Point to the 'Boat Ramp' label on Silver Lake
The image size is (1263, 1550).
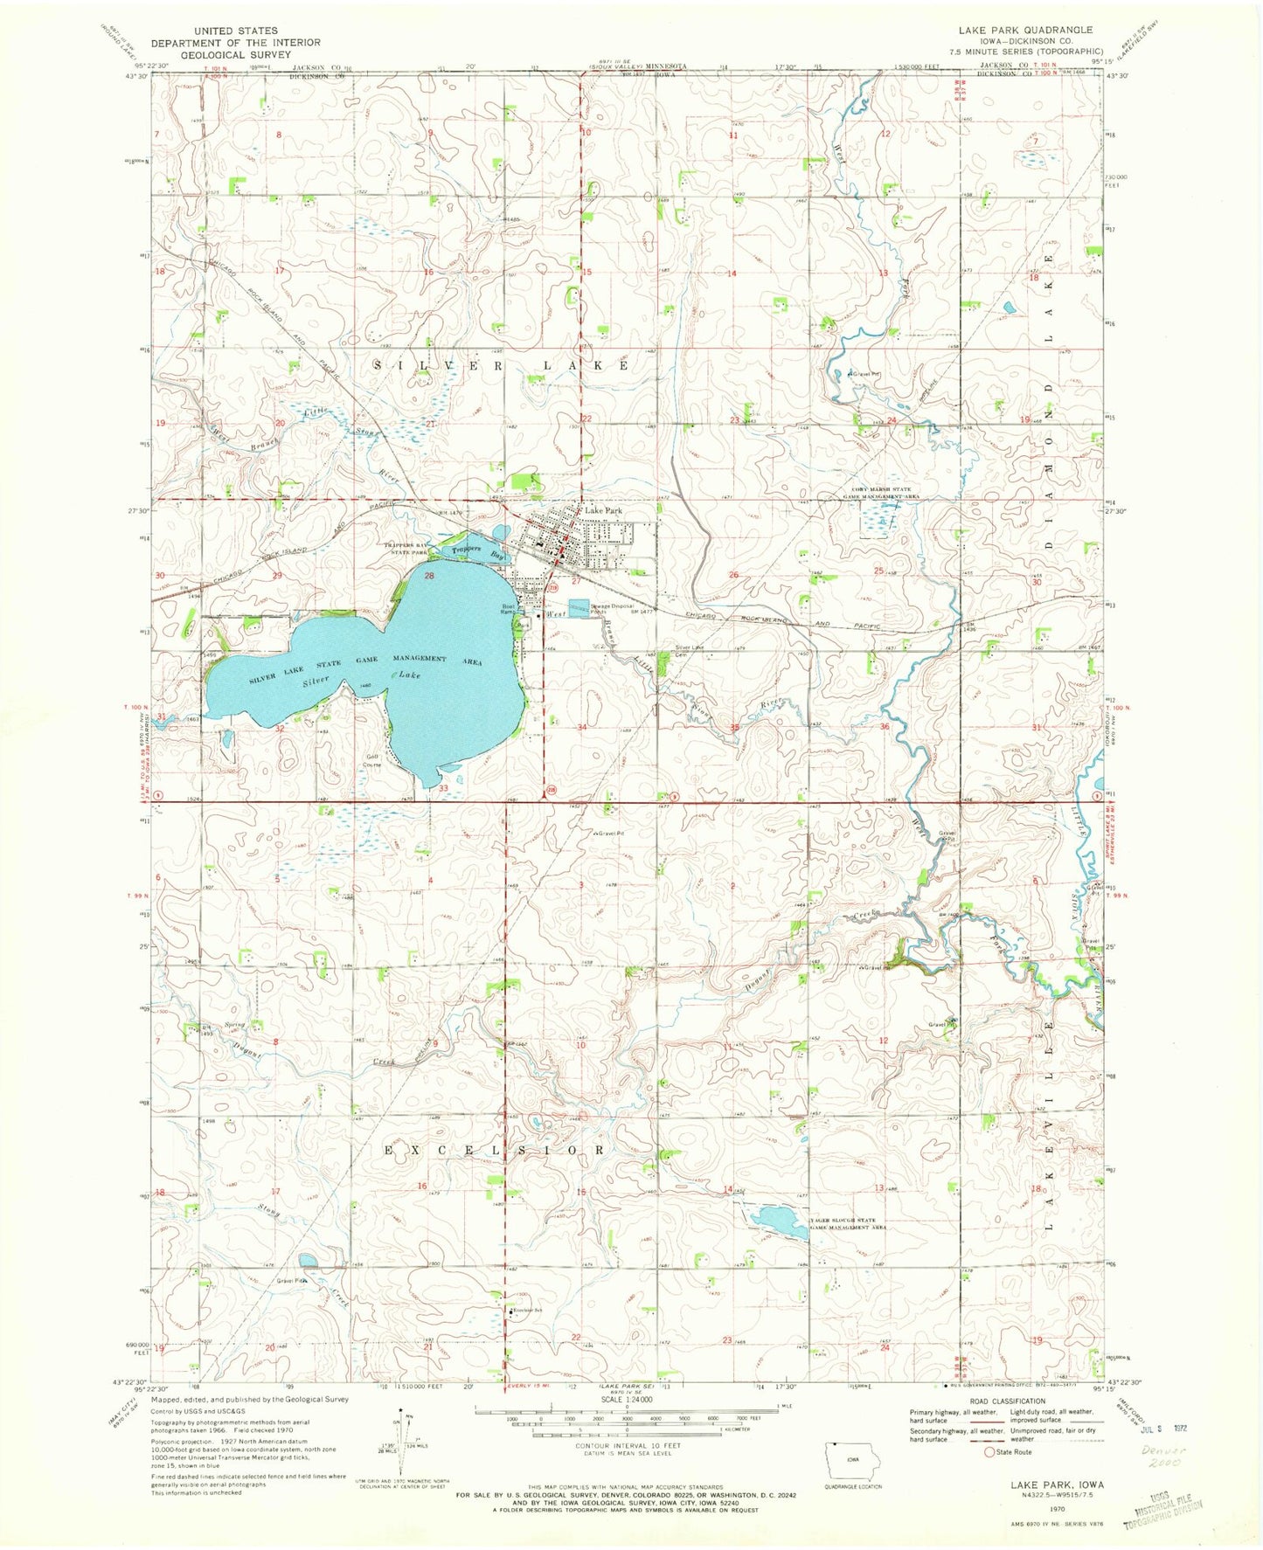click(508, 609)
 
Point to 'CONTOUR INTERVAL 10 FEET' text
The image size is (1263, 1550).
click(627, 1446)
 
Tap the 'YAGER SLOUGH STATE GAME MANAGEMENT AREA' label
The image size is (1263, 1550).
click(849, 1223)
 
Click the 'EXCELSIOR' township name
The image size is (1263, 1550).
click(494, 1150)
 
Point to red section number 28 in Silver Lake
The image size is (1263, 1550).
click(429, 576)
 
